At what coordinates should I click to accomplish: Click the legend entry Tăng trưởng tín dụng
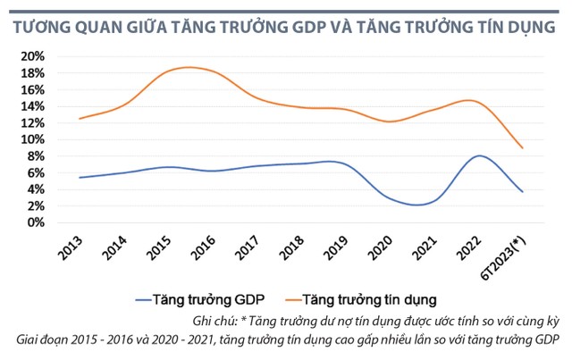[371, 301]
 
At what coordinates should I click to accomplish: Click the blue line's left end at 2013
[80, 178]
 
